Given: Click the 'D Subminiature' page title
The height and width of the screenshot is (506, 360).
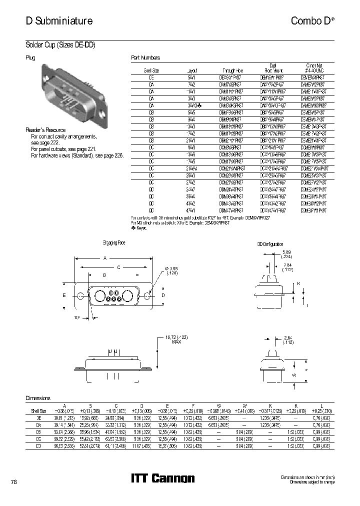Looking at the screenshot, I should pos(59,21).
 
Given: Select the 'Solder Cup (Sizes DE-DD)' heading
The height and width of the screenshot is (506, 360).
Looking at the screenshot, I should pos(60,45).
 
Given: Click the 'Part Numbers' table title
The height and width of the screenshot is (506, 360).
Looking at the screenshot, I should pos(145,58).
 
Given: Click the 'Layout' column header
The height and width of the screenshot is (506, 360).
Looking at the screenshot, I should pos(192,71).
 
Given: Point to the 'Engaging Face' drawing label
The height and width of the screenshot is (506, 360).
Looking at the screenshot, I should pos(114,242).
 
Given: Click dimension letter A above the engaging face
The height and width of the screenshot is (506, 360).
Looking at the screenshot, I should pos(104,258).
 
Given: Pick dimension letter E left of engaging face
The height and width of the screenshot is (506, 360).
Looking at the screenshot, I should pos(64,295).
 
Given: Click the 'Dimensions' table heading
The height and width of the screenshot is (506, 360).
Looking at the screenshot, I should pos(38,398).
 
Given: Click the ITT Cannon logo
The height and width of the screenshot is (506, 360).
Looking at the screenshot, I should pos(162,478).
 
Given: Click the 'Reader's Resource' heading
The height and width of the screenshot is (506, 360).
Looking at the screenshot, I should pos(45,130).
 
